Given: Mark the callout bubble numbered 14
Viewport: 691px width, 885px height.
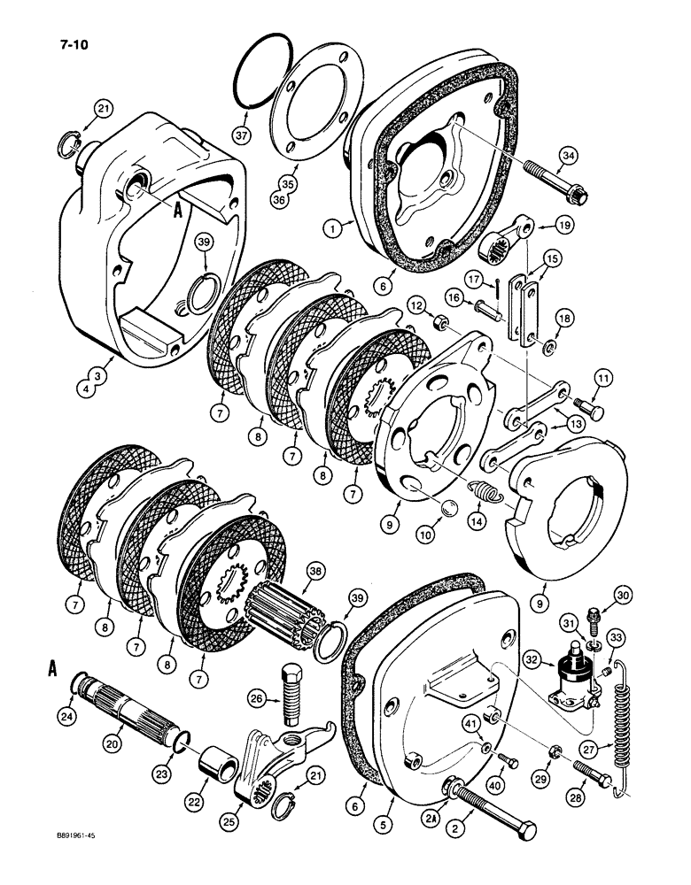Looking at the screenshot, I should (457, 522).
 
